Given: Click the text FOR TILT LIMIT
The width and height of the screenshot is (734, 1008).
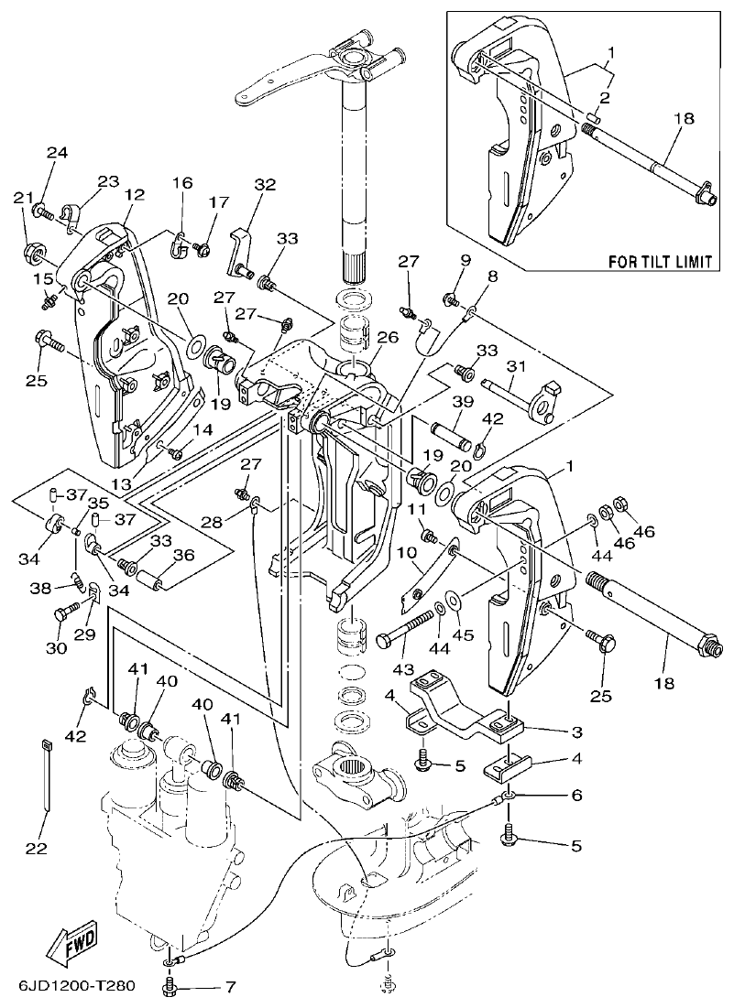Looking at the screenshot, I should click(660, 262).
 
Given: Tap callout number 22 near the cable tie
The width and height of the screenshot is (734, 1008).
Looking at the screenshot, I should click(35, 849).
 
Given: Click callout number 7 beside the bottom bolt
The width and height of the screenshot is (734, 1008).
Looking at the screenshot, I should click(230, 988).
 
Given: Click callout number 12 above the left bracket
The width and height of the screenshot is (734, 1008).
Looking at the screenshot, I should click(134, 194).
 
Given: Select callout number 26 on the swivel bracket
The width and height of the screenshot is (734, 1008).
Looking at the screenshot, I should click(388, 337).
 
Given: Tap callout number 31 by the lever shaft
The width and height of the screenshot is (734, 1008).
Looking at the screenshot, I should click(518, 367).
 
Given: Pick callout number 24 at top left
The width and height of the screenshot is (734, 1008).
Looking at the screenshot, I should click(57, 152).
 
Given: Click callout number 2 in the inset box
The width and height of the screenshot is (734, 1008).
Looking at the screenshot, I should click(605, 97).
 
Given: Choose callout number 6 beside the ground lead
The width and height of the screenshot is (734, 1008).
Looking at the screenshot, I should click(575, 796).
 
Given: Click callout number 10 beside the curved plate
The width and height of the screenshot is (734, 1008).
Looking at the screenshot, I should click(407, 553).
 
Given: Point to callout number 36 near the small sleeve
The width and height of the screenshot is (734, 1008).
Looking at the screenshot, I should click(183, 554).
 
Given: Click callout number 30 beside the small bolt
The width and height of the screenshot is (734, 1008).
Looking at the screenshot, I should click(57, 648).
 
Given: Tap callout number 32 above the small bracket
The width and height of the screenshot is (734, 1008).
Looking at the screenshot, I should click(265, 184).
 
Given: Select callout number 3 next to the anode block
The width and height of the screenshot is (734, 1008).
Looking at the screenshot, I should click(575, 733).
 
